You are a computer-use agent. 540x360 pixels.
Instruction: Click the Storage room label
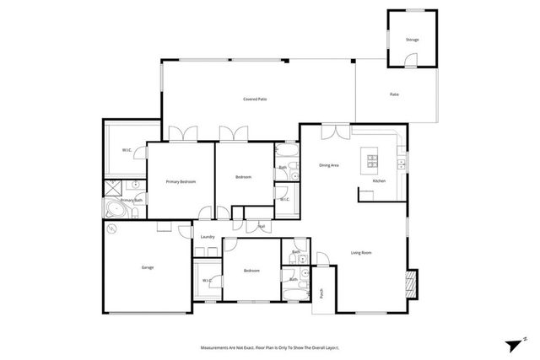412,40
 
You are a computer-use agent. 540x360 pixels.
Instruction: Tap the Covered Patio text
256,99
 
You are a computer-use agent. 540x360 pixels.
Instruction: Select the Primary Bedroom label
181,181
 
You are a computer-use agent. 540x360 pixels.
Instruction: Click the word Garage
148,267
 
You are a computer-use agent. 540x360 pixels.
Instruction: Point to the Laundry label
208,237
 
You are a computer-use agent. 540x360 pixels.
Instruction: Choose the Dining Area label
329,165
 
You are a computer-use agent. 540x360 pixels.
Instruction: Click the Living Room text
361,252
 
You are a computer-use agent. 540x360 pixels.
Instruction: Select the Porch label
322,293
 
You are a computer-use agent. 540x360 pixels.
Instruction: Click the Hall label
262,226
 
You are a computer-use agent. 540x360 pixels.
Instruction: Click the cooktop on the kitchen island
370,159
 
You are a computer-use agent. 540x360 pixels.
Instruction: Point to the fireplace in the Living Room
412,282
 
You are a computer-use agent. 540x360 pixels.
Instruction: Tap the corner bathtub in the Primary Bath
113,209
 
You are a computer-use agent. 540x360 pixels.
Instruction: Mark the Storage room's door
410,62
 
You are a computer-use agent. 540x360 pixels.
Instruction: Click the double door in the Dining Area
340,130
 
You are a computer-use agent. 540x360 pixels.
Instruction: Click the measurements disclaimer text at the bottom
270,347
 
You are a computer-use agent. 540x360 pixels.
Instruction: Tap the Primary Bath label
131,200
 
